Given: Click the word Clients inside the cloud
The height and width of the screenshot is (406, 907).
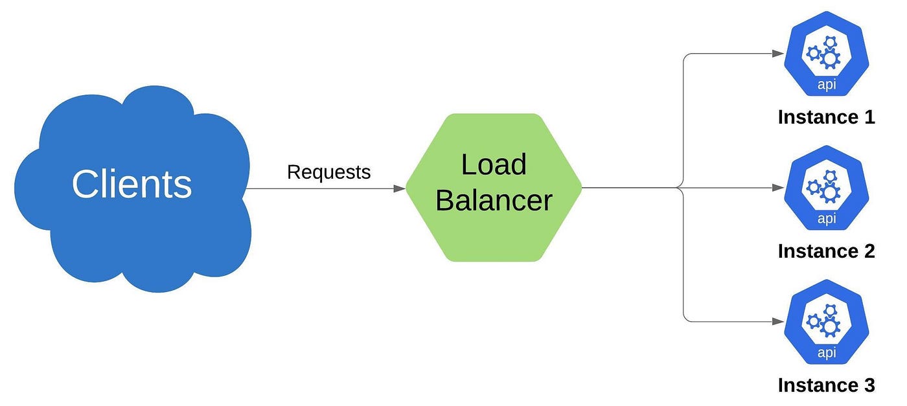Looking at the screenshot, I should [x=132, y=184].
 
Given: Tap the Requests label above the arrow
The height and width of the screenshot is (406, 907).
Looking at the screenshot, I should [x=328, y=172].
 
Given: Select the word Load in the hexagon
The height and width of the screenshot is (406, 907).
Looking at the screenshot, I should [x=493, y=164].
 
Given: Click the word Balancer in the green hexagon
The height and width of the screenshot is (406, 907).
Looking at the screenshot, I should [x=493, y=200].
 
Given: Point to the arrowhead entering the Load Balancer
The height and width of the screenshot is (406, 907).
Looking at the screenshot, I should [x=399, y=188].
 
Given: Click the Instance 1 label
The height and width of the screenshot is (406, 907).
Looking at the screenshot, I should [x=826, y=117].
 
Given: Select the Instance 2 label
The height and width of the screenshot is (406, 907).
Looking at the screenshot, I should [x=826, y=251].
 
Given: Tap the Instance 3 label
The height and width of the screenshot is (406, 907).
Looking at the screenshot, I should [x=826, y=385].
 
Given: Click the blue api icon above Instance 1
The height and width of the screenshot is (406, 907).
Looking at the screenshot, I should [x=826, y=54].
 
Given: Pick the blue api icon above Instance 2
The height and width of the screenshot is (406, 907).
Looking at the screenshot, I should [x=826, y=188].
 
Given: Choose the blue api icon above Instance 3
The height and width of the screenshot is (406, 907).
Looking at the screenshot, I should [x=826, y=322].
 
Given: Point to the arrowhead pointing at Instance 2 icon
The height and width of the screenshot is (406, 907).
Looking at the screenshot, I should [x=778, y=188].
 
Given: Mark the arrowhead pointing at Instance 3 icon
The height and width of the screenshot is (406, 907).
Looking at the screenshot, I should [x=778, y=321].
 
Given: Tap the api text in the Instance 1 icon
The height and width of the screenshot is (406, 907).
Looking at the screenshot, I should [x=826, y=85].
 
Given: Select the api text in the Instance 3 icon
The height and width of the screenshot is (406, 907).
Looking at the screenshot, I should [x=826, y=352].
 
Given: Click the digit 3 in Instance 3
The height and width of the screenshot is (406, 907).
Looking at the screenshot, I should [x=868, y=385].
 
